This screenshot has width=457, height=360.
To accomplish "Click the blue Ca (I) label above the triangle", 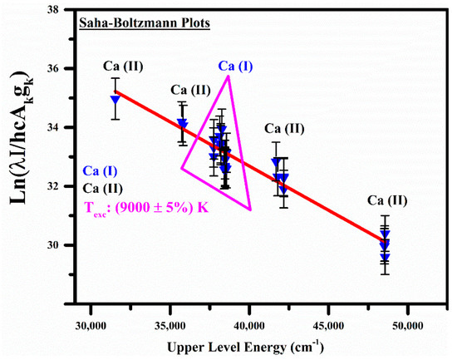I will pyautogui.click(x=238, y=66).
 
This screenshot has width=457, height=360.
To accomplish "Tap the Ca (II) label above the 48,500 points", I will pyautogui.click(x=383, y=200).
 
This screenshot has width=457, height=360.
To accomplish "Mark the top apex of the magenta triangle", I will pyautogui.click(x=228, y=76).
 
